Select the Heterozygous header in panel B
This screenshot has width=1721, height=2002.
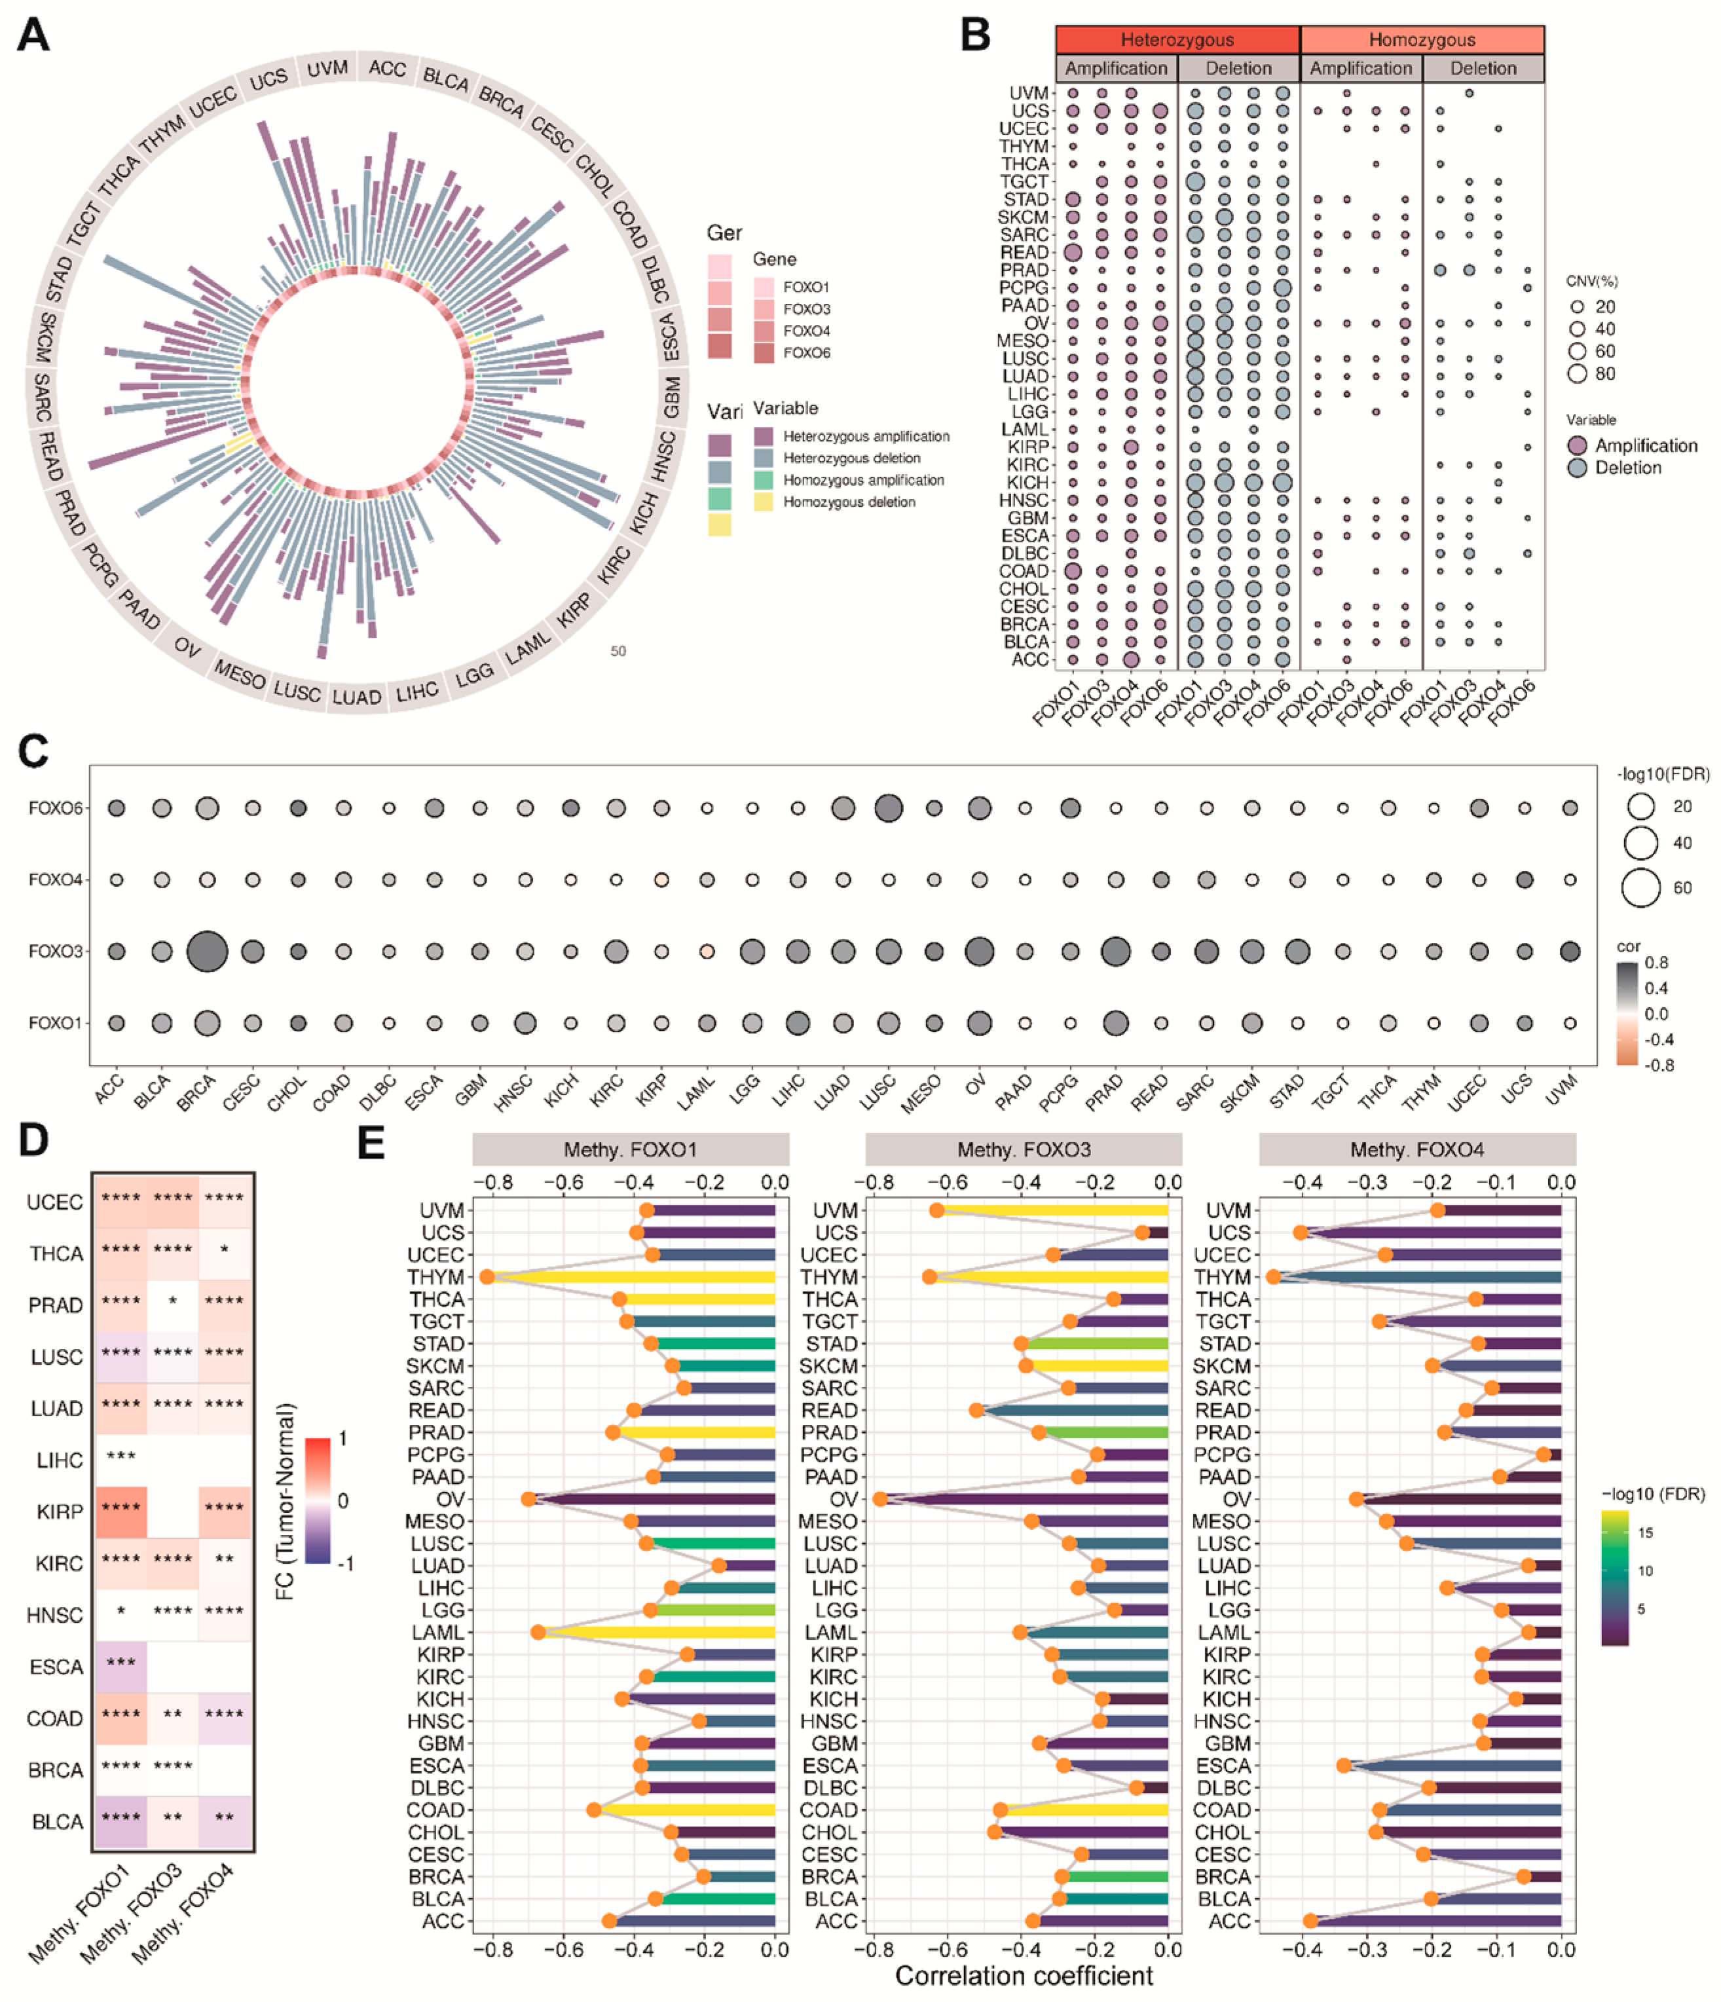coord(1176,39)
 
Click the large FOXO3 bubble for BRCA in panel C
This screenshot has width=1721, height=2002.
coord(207,951)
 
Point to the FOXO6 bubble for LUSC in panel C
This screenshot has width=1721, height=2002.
coord(887,807)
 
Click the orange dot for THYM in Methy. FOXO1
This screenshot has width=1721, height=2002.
coord(487,1277)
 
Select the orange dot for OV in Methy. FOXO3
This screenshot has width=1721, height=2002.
coord(879,1498)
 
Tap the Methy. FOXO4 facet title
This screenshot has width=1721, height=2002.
coord(1416,1150)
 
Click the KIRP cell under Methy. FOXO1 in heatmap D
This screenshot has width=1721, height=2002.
coord(120,1511)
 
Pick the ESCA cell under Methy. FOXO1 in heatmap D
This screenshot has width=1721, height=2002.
coord(120,1666)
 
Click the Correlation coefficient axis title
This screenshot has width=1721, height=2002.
coord(1024,1977)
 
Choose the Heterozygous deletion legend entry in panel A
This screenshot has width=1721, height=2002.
coord(851,458)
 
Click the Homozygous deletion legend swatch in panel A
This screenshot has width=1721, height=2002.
coord(764,502)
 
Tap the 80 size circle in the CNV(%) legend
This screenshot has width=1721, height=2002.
coord(1577,374)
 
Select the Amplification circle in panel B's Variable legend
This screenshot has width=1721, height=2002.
coord(1577,445)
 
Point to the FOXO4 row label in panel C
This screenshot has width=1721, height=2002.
coord(56,880)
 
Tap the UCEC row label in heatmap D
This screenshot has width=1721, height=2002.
coord(55,1202)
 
